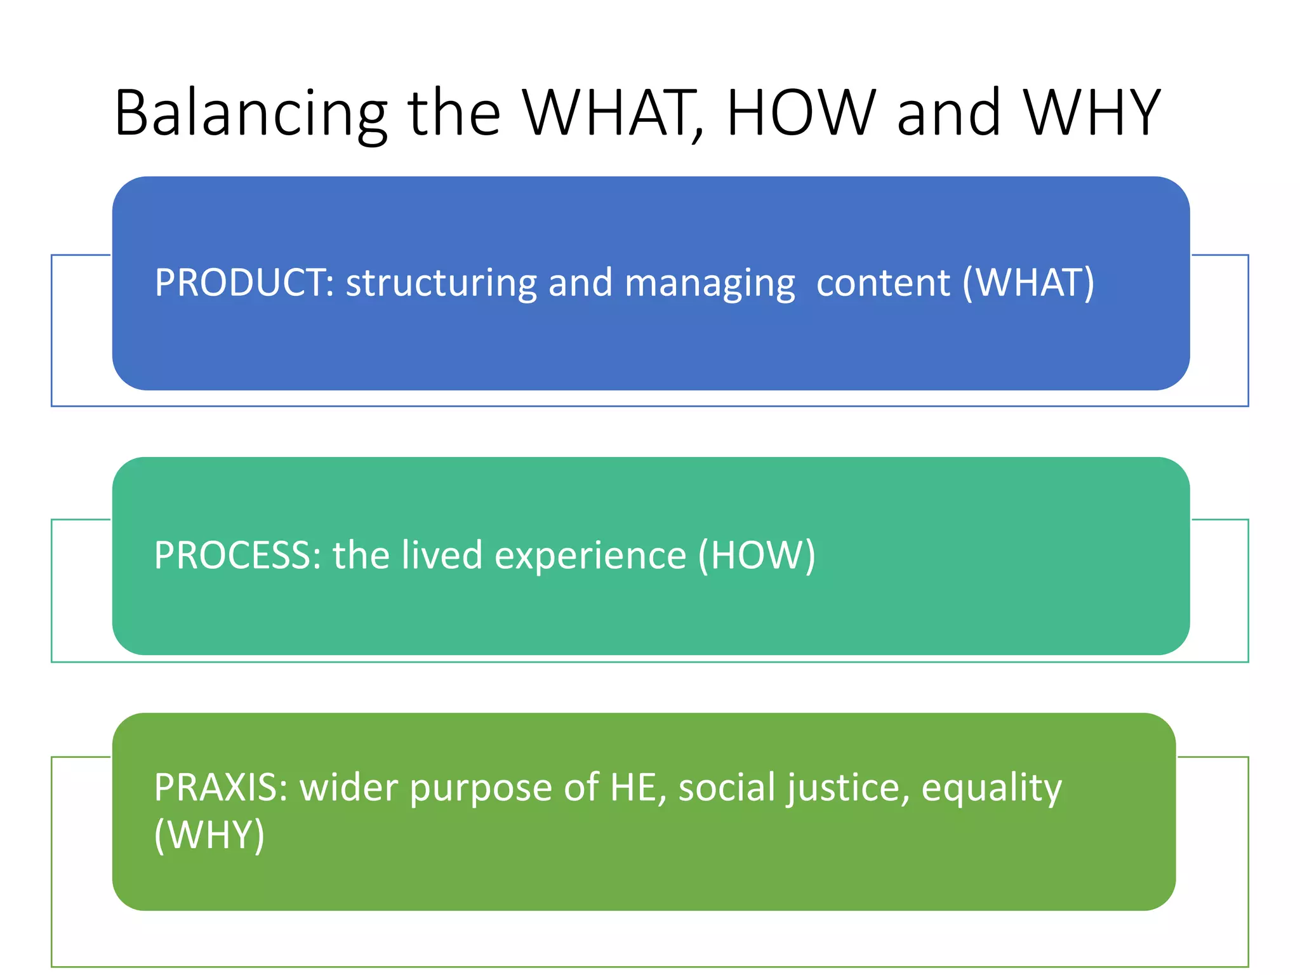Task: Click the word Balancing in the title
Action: click(251, 114)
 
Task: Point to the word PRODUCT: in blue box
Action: click(244, 283)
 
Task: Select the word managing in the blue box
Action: click(709, 283)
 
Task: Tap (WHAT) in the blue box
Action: click(1028, 283)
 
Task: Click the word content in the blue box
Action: click(883, 283)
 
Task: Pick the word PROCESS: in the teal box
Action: click(237, 555)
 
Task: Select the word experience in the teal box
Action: click(590, 555)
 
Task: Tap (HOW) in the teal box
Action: click(756, 555)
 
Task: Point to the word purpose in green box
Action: click(481, 788)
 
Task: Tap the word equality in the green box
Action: click(991, 788)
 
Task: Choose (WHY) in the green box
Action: click(209, 835)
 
